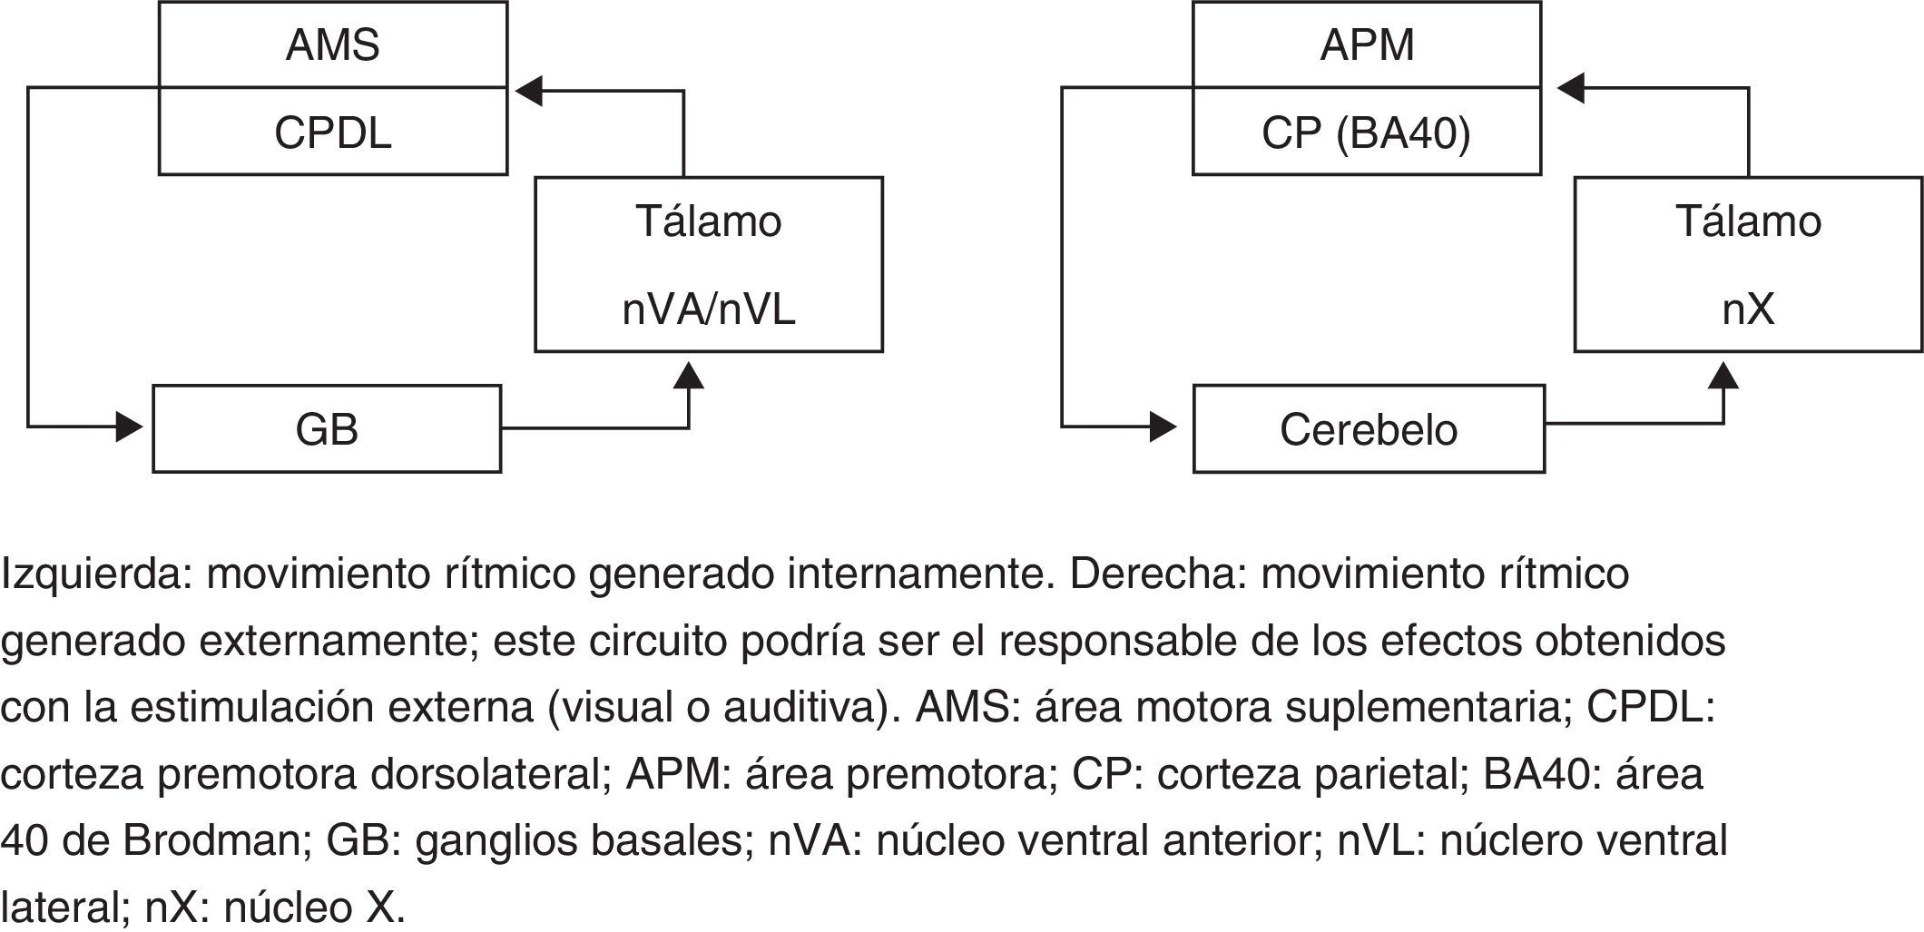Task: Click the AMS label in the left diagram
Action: (x=332, y=45)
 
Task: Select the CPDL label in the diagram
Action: (x=332, y=133)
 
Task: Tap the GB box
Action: (x=327, y=429)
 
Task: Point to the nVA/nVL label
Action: (x=708, y=310)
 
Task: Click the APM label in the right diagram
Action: (x=1367, y=45)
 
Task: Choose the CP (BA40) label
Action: (x=1366, y=133)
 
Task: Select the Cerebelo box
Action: (x=1369, y=429)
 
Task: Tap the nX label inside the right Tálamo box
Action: (x=1748, y=310)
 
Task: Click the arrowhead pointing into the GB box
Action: (x=130, y=426)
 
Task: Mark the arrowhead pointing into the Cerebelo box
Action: (x=1163, y=426)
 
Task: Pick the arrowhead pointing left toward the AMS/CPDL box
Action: (x=529, y=90)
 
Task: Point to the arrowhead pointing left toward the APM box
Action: (x=1571, y=88)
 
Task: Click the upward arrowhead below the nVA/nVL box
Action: (x=690, y=375)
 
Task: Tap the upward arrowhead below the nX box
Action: (x=1723, y=375)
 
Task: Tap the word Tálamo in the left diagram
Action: (x=708, y=222)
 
